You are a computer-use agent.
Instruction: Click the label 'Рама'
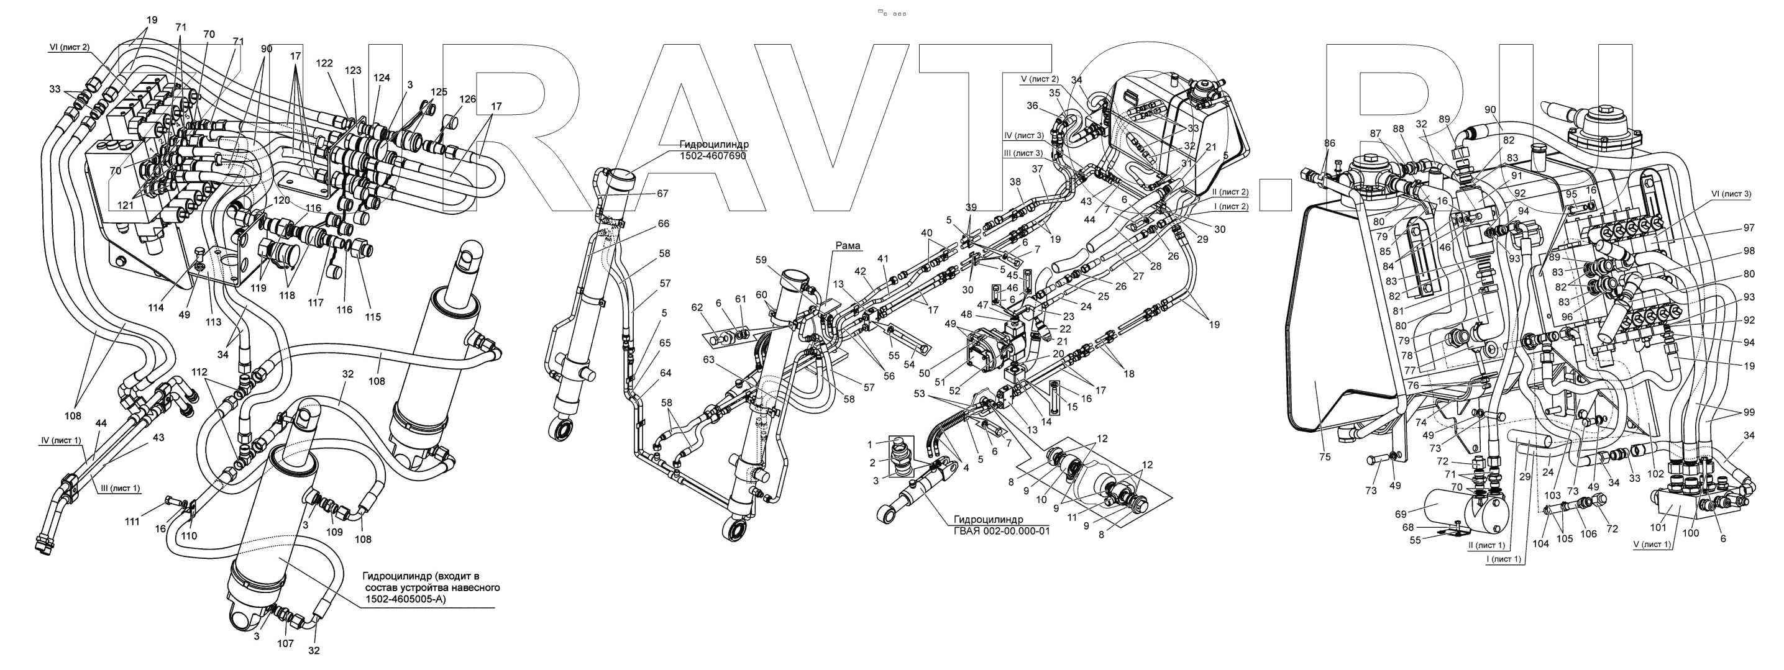pos(848,246)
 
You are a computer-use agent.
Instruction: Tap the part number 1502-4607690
pos(713,156)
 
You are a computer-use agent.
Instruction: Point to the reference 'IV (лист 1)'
pos(61,440)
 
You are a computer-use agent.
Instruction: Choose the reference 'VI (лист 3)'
pos(1731,194)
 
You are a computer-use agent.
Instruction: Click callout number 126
pos(467,99)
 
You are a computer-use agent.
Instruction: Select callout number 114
pos(156,307)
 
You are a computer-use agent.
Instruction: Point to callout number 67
pos(663,194)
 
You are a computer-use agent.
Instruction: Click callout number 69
pos(1401,514)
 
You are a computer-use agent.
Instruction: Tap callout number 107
pos(285,644)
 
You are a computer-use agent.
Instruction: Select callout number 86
pos(1329,143)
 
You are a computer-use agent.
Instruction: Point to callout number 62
pos(697,307)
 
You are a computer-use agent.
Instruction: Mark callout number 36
pos(1033,106)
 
